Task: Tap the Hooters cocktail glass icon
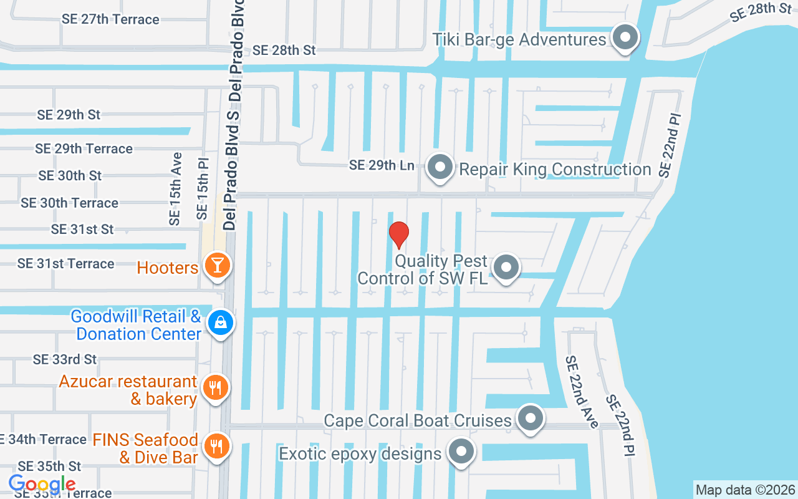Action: click(217, 266)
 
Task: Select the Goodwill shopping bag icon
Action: click(221, 323)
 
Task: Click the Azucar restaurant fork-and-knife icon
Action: click(216, 389)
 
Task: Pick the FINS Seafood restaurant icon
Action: click(216, 447)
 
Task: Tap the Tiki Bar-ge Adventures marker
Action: click(625, 39)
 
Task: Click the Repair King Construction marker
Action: click(441, 167)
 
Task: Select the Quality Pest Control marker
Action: click(506, 268)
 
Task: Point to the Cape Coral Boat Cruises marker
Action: click(531, 419)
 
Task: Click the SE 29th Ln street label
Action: click(382, 165)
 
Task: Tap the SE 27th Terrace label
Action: click(110, 19)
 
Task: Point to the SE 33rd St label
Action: click(65, 359)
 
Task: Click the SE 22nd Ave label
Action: click(581, 392)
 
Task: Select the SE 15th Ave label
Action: click(175, 188)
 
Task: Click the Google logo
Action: click(42, 484)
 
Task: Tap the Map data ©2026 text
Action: click(745, 490)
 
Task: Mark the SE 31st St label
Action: click(82, 230)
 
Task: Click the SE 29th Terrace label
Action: click(84, 148)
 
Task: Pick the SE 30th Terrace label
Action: click(69, 203)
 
